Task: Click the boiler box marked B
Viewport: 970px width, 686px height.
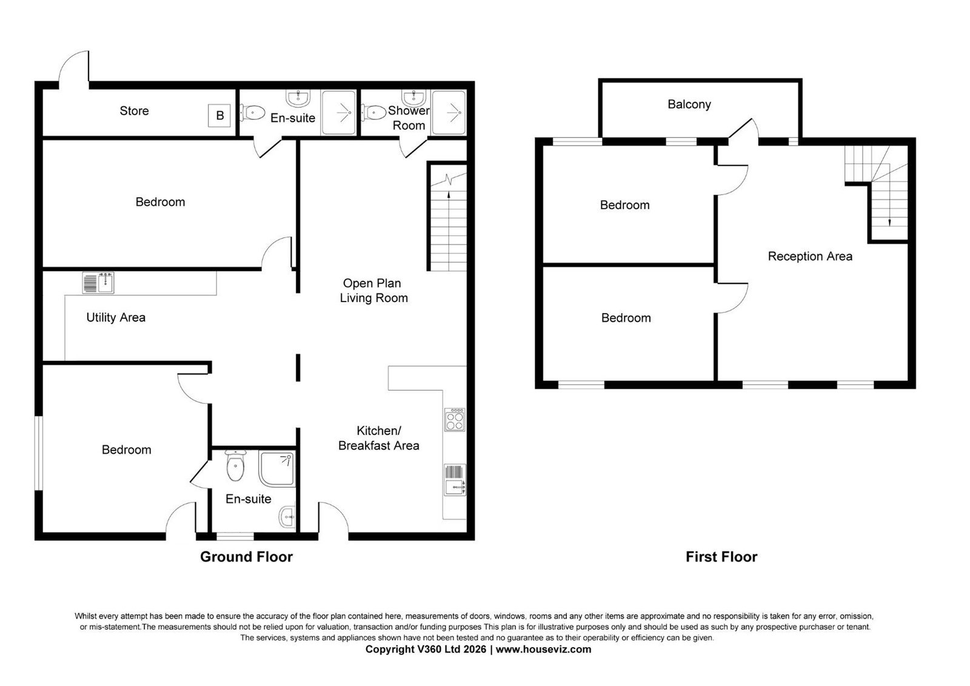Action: pyautogui.click(x=219, y=115)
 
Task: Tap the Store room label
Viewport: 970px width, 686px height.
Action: pyautogui.click(x=134, y=111)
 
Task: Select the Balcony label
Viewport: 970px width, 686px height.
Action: pyautogui.click(x=689, y=104)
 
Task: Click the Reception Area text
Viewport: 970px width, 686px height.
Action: pyautogui.click(x=810, y=256)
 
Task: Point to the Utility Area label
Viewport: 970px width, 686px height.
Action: pyautogui.click(x=116, y=318)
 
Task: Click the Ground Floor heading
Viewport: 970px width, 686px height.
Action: pyautogui.click(x=246, y=557)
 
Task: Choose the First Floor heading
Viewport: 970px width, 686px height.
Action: pyautogui.click(x=721, y=557)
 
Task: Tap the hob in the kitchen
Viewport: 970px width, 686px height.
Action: pyautogui.click(x=455, y=420)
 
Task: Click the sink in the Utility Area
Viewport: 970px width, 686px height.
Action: pyautogui.click(x=98, y=283)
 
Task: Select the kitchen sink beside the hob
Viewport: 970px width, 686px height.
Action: pyautogui.click(x=455, y=480)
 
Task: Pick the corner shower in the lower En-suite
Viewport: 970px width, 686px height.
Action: pyautogui.click(x=277, y=468)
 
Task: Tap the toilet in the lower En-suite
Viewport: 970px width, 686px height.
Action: pyautogui.click(x=235, y=465)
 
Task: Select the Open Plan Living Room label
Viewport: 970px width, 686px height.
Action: pyautogui.click(x=373, y=291)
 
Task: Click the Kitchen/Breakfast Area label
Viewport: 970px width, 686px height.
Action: pyautogui.click(x=378, y=438)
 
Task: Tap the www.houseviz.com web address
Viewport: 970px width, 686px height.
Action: pyautogui.click(x=543, y=649)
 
